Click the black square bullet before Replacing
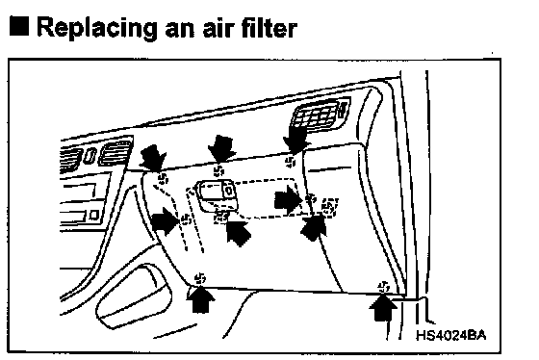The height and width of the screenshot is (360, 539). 19,26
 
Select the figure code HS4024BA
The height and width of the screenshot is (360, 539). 451,335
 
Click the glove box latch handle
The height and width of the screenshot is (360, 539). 218,195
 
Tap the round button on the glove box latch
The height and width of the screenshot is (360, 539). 229,190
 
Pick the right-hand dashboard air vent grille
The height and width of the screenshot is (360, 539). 320,115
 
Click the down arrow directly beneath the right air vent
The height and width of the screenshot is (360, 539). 296,139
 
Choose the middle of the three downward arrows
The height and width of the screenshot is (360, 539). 221,148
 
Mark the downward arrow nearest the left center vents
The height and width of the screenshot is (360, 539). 153,157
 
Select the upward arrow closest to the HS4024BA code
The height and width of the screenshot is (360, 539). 383,307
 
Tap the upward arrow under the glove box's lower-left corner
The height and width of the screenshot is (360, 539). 201,298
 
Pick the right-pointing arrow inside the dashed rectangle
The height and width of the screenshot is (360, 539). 288,200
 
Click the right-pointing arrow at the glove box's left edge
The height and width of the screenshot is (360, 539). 165,220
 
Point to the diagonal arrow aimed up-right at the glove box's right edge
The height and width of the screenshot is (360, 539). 314,227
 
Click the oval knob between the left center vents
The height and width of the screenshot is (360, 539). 90,156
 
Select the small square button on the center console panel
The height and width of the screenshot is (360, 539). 93,216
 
